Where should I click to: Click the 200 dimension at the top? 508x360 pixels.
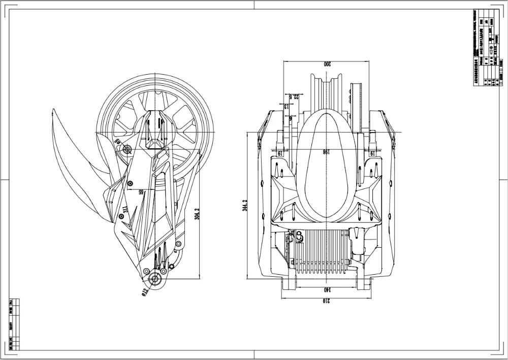(326, 64)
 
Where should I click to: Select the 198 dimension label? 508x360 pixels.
(326, 152)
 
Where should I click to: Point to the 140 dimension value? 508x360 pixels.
(326, 289)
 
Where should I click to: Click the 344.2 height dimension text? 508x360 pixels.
(244, 206)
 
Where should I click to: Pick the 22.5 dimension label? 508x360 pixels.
(292, 96)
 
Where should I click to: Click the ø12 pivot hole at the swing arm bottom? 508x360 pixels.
(154, 280)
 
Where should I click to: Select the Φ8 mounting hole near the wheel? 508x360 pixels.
(126, 149)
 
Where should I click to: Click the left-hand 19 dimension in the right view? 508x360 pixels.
(279, 152)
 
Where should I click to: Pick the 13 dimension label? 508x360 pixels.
(286, 107)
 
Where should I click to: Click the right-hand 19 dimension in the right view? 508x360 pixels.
(372, 152)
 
